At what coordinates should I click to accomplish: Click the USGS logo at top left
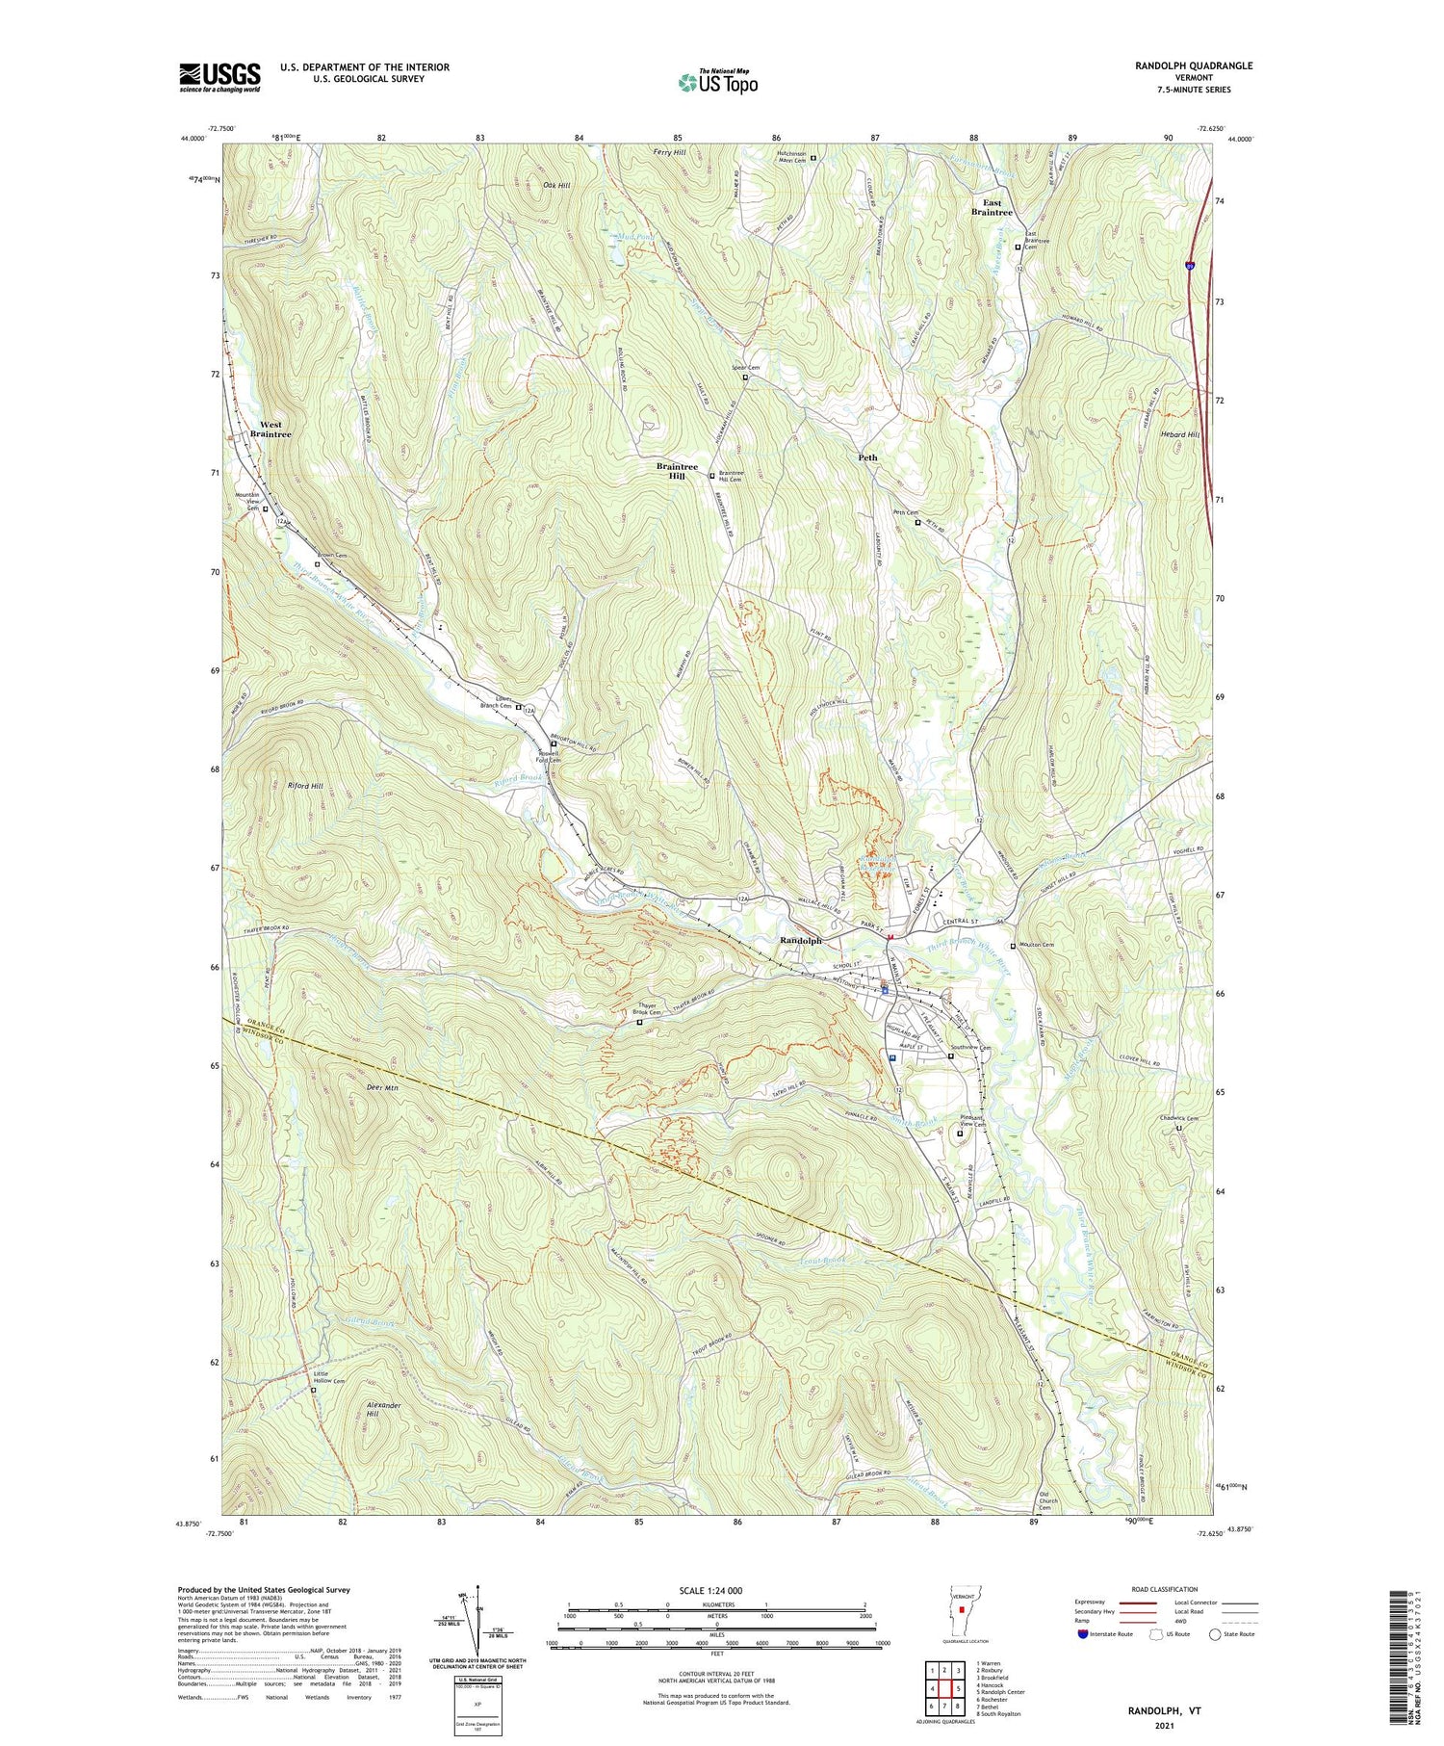[x=219, y=77]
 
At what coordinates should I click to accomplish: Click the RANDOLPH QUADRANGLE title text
[x=1193, y=65]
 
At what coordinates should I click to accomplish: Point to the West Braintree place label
[x=271, y=430]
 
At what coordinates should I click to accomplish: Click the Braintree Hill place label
[x=677, y=471]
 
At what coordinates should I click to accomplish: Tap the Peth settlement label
[x=867, y=457]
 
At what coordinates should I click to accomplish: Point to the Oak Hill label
[x=556, y=185]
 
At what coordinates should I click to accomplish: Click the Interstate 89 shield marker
[x=1191, y=266]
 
